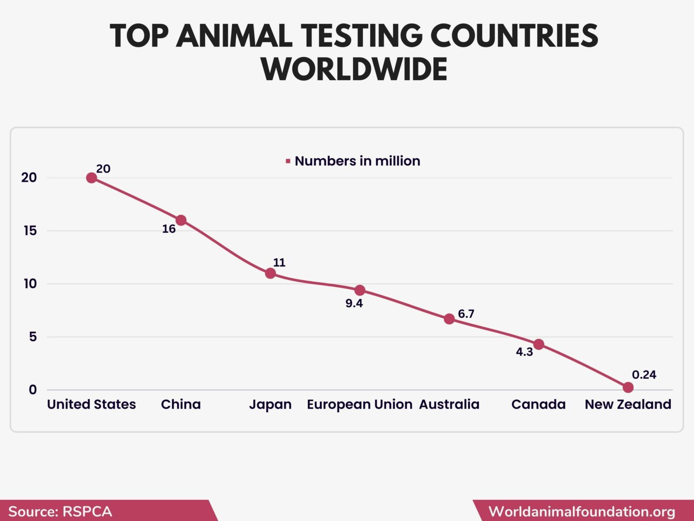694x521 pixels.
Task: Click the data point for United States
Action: pos(91,178)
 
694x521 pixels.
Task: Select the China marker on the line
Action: pos(181,220)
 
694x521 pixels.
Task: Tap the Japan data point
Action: pos(270,273)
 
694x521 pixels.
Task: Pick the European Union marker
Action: pos(360,290)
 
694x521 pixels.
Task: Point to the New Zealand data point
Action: pos(628,388)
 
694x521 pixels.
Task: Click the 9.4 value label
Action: pos(354,303)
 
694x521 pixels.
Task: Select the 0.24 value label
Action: pos(644,375)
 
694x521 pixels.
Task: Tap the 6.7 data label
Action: pos(466,314)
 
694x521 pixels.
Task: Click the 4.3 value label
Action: pos(524,352)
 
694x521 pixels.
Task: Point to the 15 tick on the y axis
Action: pos(30,231)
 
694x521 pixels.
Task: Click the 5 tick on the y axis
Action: pos(33,337)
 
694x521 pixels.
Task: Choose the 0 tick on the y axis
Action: pos(33,390)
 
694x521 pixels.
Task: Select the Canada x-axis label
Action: pos(538,404)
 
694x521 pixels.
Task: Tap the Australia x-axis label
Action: pos(449,404)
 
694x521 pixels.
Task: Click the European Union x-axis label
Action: pos(359,404)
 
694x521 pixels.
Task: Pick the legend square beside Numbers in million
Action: pos(288,161)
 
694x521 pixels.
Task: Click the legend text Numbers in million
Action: pos(357,161)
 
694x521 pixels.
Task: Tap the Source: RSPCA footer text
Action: pos(60,512)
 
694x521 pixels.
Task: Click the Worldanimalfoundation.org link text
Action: pos(582,512)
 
